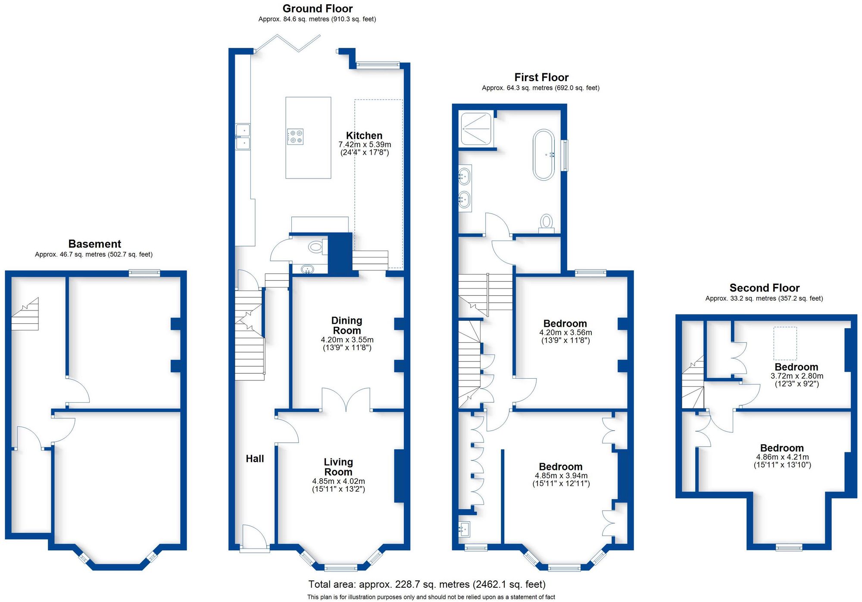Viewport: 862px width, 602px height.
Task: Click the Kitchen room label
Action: [x=364, y=135]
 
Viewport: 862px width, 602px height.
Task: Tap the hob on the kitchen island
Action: [x=296, y=137]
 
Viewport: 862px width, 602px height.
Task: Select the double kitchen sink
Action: [x=243, y=137]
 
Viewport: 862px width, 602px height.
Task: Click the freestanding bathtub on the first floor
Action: [x=543, y=154]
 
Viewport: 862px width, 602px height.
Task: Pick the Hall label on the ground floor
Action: [x=255, y=459]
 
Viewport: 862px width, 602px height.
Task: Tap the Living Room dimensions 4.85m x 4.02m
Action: [x=338, y=481]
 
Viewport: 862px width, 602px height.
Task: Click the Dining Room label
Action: [x=347, y=326]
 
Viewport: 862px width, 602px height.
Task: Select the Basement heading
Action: [x=94, y=244]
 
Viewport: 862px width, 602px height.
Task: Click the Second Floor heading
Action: [x=764, y=288]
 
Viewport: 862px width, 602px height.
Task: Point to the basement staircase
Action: [x=25, y=316]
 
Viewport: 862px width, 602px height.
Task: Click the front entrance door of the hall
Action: [x=254, y=538]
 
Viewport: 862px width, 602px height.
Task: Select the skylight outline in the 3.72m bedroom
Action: [x=785, y=343]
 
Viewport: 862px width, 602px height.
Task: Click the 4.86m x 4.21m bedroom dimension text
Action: [x=782, y=457]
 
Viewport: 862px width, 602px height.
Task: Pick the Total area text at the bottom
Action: [x=427, y=584]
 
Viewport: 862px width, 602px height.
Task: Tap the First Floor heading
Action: [x=541, y=77]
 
